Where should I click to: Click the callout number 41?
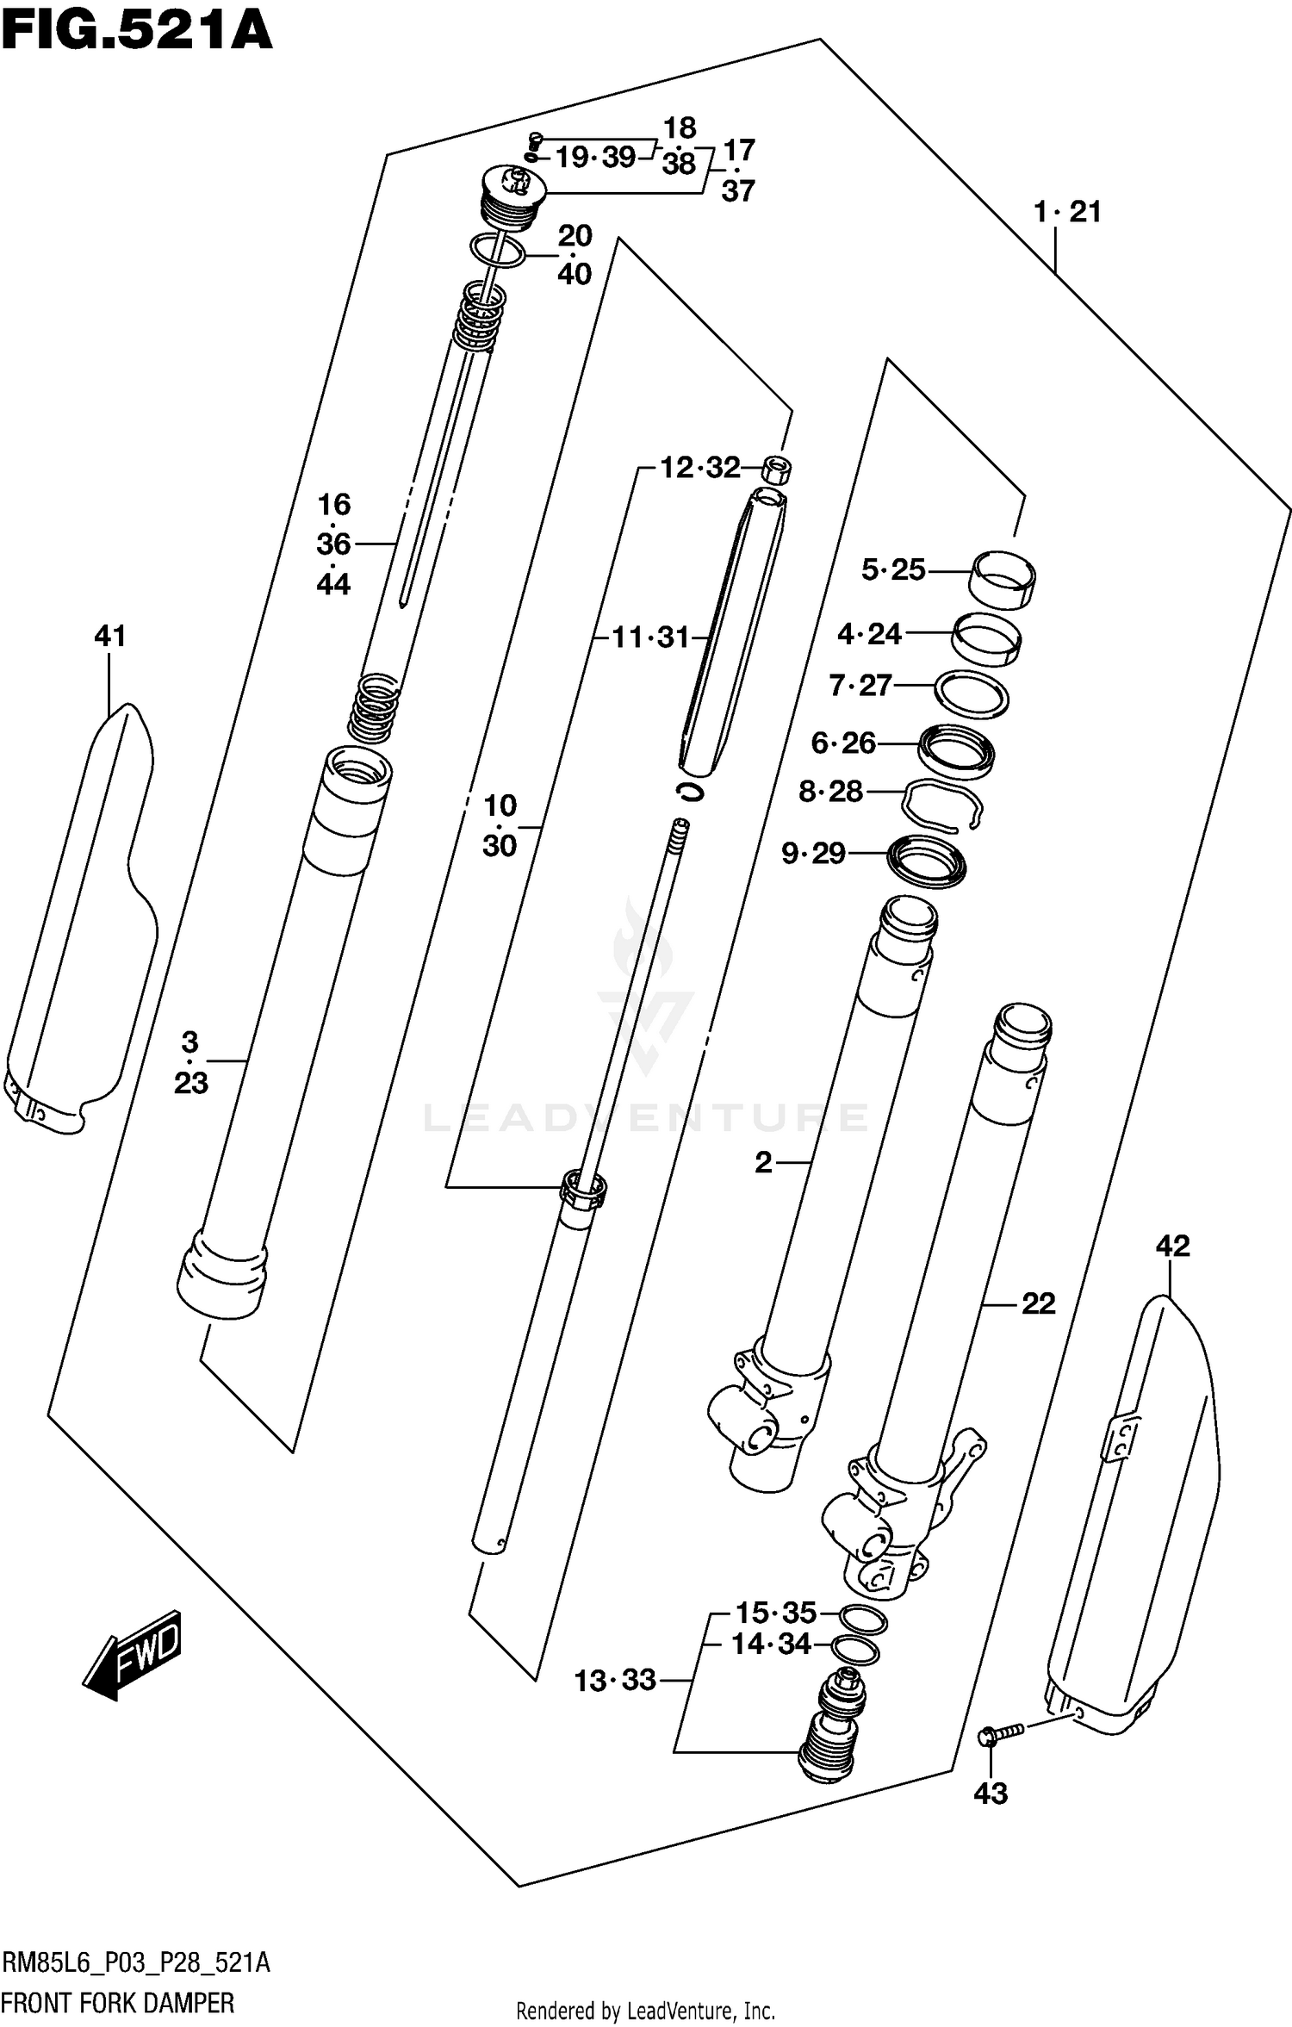[109, 636]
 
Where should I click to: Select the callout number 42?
[1172, 1246]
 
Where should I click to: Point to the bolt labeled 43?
[999, 1732]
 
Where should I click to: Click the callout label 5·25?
[893, 569]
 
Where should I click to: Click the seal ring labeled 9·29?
[927, 861]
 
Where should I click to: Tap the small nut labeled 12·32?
[777, 470]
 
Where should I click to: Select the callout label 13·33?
[615, 1680]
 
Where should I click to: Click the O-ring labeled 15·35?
[863, 1620]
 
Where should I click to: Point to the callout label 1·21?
[1067, 212]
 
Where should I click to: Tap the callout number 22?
[1038, 1303]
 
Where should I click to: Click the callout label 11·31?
[650, 638]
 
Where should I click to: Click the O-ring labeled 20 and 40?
[498, 251]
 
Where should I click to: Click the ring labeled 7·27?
[972, 694]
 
